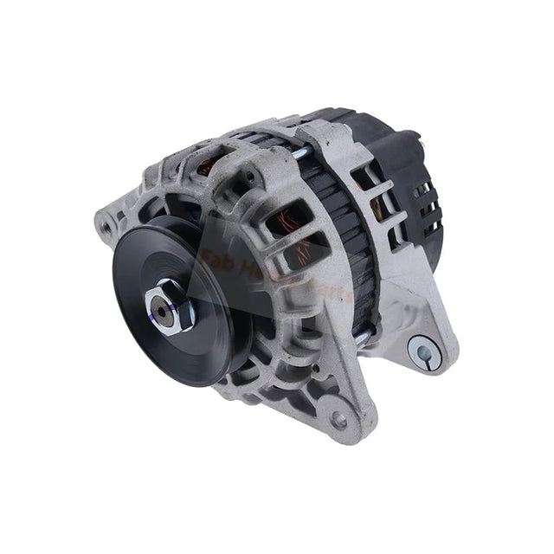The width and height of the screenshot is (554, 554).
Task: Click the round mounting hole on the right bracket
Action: [423, 351]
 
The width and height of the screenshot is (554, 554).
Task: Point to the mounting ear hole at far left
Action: [105, 227]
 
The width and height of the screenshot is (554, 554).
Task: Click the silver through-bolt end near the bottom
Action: [363, 336]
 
